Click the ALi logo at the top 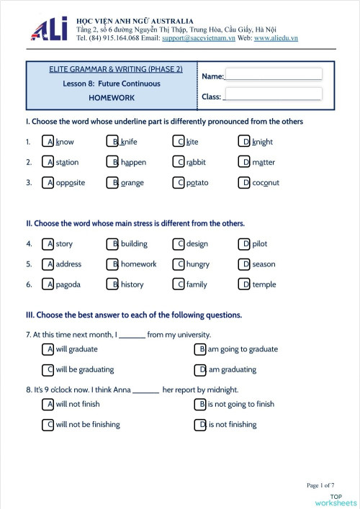(49, 28)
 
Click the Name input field (273, 74)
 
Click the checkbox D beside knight (246, 142)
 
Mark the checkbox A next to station (49, 162)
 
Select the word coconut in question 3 (266, 182)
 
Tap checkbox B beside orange (113, 182)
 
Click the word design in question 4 (197, 244)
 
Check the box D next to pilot (246, 244)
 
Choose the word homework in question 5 (138, 264)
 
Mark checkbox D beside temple (246, 284)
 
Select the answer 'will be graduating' (85, 369)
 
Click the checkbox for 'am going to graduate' (202, 349)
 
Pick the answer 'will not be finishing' (88, 424)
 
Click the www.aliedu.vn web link (276, 37)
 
